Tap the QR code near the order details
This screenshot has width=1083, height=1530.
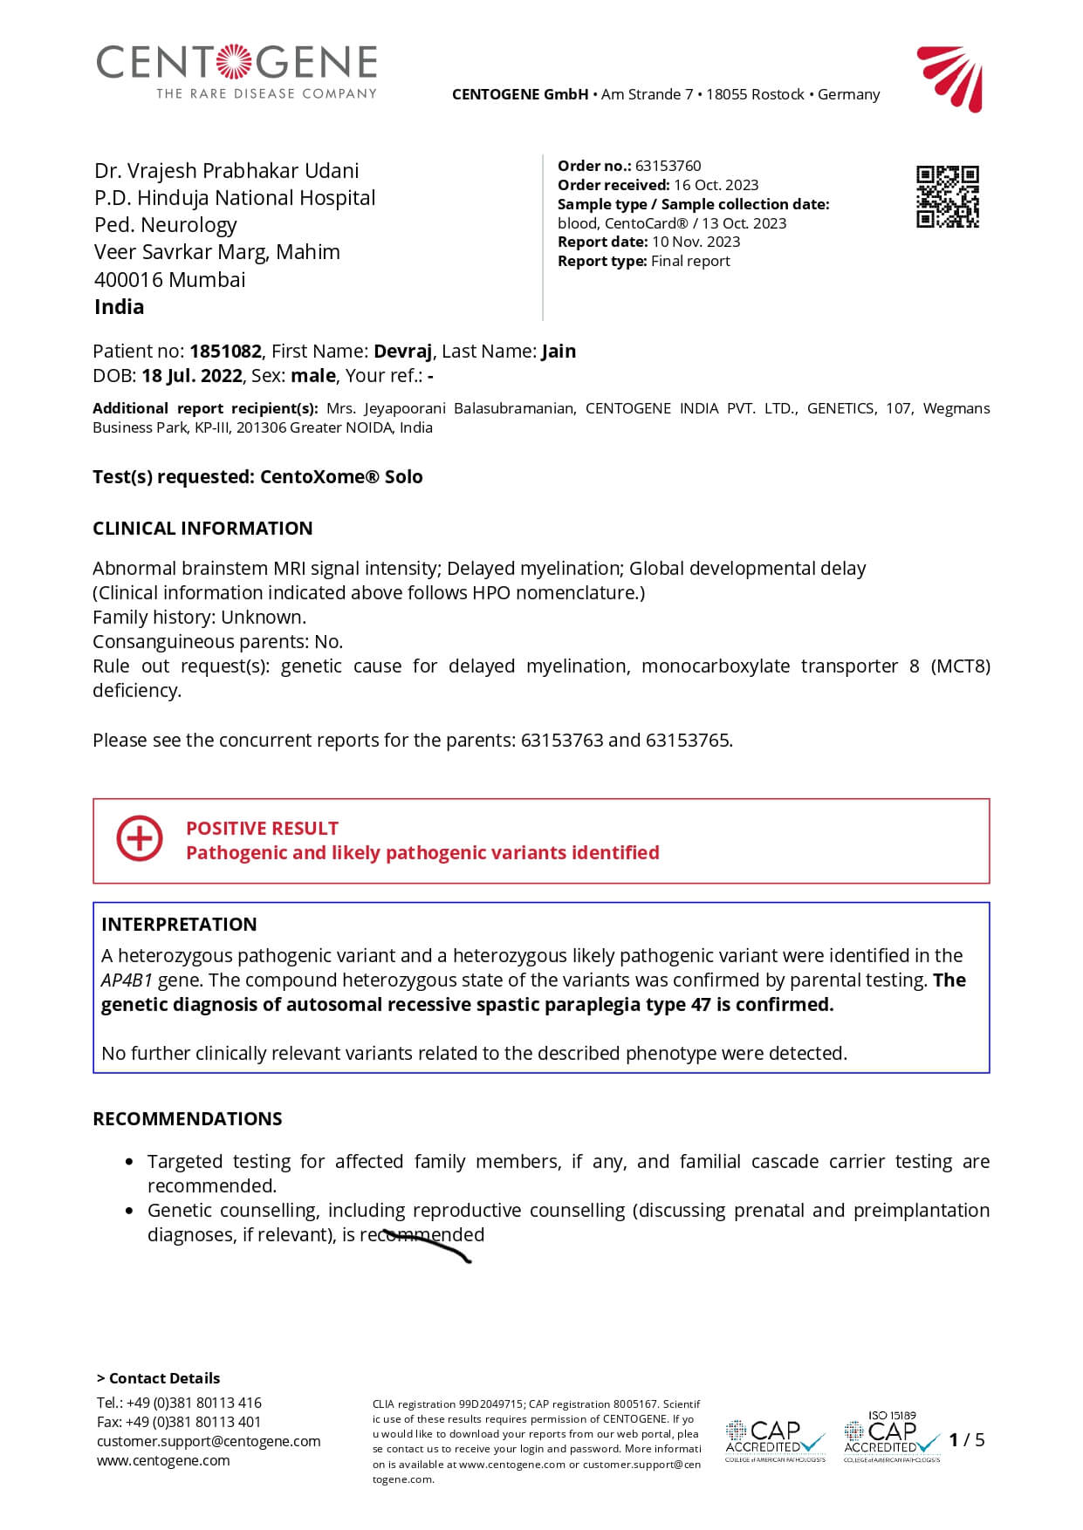[x=947, y=196]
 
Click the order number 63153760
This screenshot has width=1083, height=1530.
[x=668, y=166]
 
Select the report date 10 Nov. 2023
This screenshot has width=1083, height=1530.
[x=696, y=242]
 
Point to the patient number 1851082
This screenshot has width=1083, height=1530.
[x=225, y=351]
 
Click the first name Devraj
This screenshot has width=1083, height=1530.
[x=402, y=351]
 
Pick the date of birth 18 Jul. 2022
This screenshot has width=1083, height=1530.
[x=192, y=375]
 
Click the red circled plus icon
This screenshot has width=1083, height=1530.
[x=140, y=839]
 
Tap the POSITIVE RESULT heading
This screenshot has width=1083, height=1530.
[x=262, y=828]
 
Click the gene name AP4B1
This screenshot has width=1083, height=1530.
[x=127, y=980]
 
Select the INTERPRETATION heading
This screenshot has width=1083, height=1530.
[x=179, y=924]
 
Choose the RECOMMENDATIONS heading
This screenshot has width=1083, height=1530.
[x=188, y=1118]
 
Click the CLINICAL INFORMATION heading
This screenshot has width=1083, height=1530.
[x=202, y=528]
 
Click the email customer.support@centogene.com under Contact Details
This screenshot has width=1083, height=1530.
[x=209, y=1441]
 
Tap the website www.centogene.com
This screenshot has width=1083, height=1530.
[x=163, y=1460]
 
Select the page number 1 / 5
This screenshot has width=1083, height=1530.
[x=966, y=1439]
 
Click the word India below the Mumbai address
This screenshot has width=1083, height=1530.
[x=120, y=306]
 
